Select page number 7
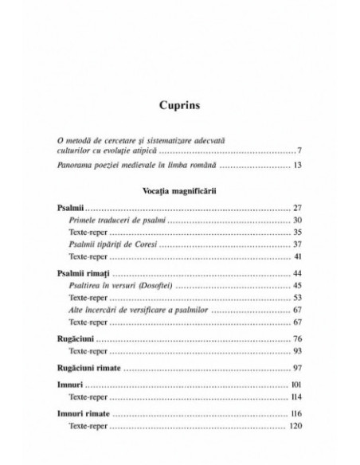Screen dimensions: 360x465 299,150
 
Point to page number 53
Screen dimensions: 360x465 296,298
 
